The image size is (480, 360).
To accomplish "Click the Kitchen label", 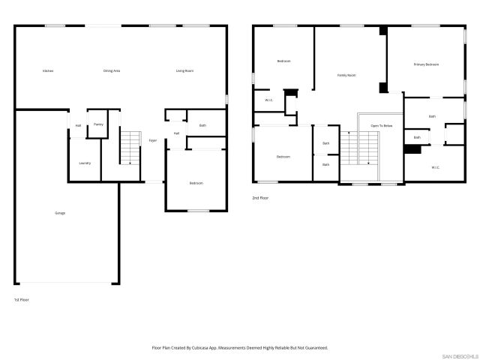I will click(48, 71).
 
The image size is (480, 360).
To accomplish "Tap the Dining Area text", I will click(112, 71).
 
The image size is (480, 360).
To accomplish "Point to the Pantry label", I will click(98, 124).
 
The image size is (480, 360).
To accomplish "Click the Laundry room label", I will click(85, 163).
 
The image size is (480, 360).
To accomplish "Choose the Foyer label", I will click(152, 141).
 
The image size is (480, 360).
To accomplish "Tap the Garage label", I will click(60, 213).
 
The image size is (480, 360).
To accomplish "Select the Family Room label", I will click(346, 76).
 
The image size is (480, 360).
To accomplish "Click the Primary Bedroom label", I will click(426, 65).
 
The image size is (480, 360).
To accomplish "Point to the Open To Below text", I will click(381, 126).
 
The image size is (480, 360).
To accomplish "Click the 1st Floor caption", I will click(22, 300).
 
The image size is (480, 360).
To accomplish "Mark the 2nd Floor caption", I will click(260, 198).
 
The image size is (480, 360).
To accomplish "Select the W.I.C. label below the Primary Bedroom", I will click(435, 167).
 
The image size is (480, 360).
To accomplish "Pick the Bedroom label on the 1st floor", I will click(196, 183).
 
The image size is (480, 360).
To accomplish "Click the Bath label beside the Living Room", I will click(202, 125).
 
